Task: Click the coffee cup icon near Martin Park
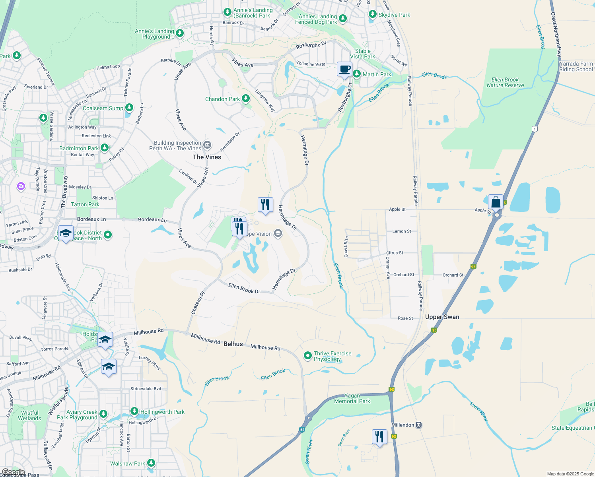[344, 69]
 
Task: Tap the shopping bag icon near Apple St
[496, 202]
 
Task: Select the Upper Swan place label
[442, 317]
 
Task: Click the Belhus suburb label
[233, 344]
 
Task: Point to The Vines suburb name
[207, 157]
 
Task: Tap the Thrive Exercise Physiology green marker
[307, 356]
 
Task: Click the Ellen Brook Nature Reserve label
[505, 82]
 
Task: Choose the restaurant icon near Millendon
[379, 436]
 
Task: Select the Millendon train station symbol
[418, 425]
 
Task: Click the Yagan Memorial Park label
[352, 398]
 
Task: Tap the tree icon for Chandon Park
[246, 98]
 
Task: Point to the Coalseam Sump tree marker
[129, 108]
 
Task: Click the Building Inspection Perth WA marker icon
[207, 145]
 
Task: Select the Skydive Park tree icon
[372, 14]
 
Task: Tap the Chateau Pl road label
[198, 303]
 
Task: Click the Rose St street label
[405, 318]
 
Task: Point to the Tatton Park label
[85, 204]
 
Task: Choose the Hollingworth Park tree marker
[134, 411]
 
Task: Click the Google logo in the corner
[13, 472]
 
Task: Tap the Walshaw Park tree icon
[151, 463]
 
